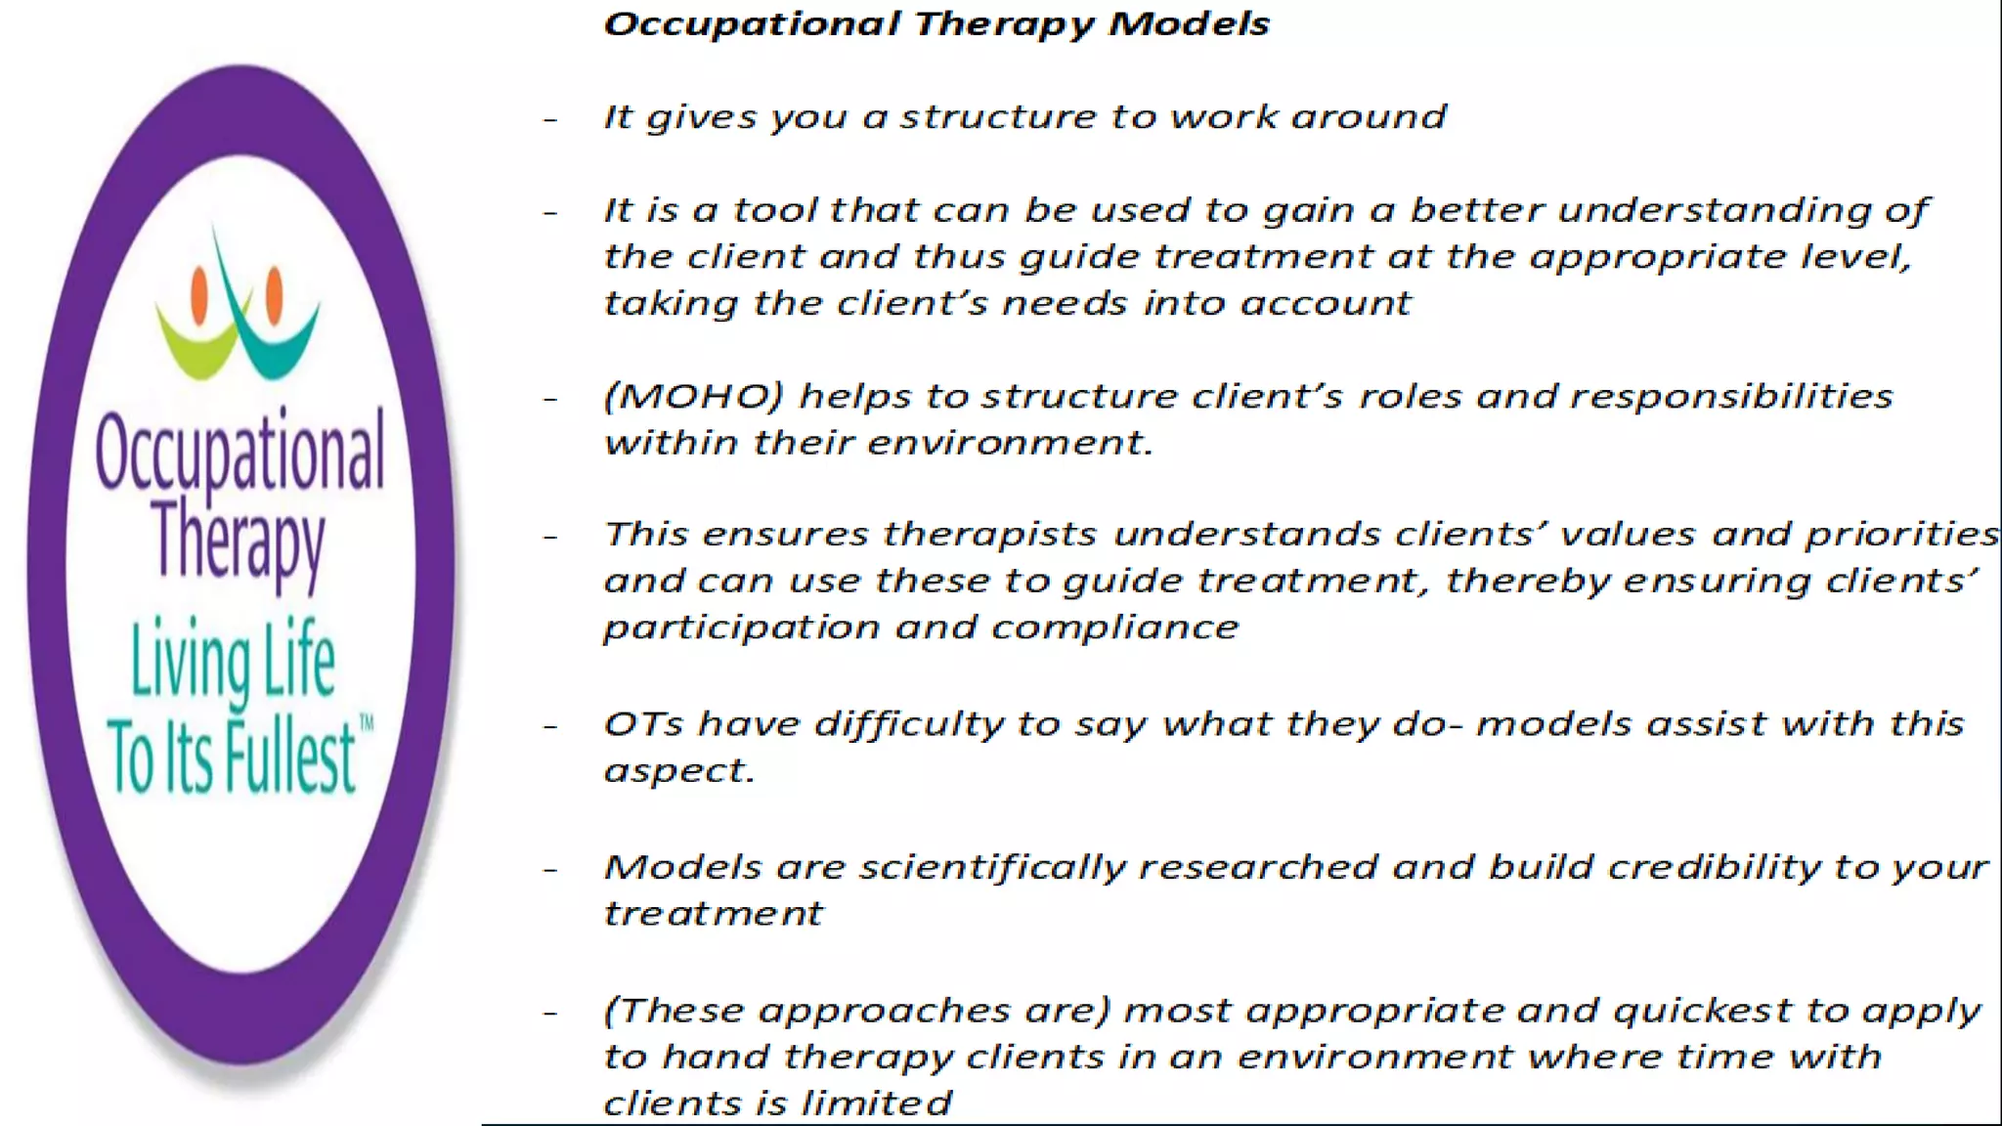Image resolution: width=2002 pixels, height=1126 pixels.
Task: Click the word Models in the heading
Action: click(x=1189, y=23)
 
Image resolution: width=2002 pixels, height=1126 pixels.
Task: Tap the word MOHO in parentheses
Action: click(x=694, y=396)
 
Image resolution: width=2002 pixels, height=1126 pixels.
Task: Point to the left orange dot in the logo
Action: click(x=199, y=297)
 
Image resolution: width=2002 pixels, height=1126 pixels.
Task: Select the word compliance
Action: click(x=1114, y=628)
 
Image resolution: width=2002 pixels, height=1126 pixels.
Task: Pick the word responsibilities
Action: click(x=1731, y=396)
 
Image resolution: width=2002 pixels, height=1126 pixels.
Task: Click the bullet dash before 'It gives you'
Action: click(x=551, y=120)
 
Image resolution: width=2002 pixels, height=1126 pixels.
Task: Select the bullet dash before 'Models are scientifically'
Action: click(x=551, y=869)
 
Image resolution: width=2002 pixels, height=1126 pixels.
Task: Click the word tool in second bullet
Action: click(x=777, y=210)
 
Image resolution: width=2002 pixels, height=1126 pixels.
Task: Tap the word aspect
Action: click(x=677, y=771)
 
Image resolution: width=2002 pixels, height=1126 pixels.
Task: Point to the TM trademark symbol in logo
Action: click(x=367, y=724)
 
